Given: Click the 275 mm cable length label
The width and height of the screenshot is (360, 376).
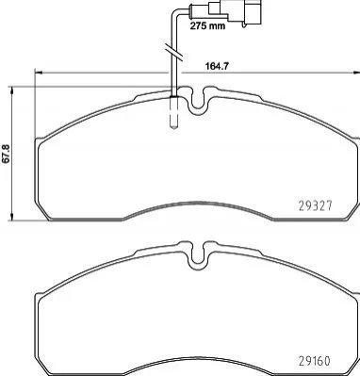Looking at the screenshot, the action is coord(207,25).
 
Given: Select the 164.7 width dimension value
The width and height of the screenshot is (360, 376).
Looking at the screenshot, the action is coord(216,66).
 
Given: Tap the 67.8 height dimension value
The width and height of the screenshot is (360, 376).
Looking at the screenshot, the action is coord(7,154).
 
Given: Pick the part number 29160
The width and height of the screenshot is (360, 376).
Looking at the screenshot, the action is coord(314,361).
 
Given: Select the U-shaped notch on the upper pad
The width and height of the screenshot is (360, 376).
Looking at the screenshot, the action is coord(197,101).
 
